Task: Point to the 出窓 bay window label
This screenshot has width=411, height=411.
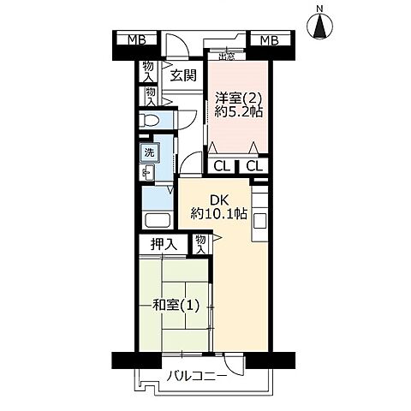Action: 226,57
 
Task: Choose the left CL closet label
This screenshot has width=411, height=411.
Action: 221,166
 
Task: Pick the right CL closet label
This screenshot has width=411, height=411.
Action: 253,166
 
